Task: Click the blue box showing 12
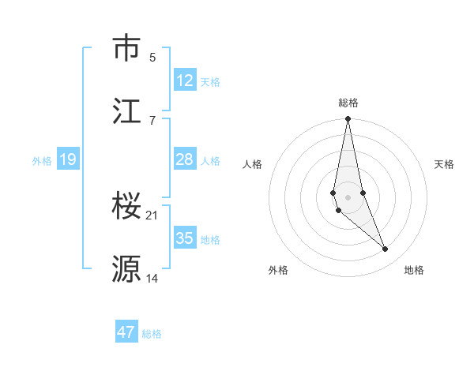coord(185,81)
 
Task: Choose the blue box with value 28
coord(185,159)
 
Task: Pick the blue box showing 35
coord(185,238)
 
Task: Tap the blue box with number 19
coord(67,159)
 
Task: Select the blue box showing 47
coord(126,332)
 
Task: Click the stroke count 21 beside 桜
coord(152,215)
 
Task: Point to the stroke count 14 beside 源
coord(152,278)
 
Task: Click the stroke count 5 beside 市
coord(152,57)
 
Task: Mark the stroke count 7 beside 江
coord(152,120)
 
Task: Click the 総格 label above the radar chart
coord(348,103)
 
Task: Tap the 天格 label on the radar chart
coord(445,164)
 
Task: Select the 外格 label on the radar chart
coord(278,270)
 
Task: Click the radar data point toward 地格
coord(386,249)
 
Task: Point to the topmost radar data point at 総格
coord(348,119)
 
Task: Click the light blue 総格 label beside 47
coord(152,334)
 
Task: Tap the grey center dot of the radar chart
coord(348,197)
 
